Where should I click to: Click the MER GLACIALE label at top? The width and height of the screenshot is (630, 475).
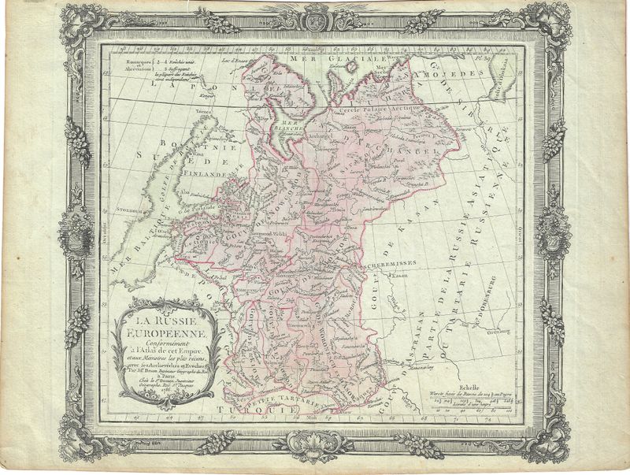click(x=315, y=59)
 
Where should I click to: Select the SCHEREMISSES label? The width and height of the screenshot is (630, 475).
click(x=392, y=266)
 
